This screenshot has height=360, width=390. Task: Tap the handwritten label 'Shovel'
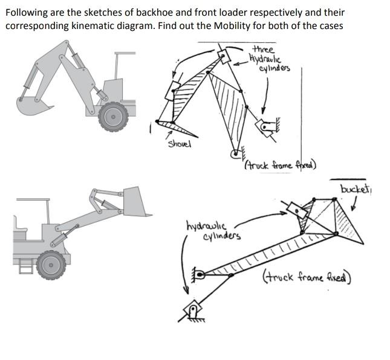point(178,143)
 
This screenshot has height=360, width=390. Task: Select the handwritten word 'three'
point(263,49)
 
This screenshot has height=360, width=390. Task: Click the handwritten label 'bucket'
point(354,190)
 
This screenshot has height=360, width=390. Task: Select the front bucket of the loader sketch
point(137,201)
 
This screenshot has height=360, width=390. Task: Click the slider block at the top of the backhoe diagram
point(225,57)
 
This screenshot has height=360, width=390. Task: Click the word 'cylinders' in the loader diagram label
point(223,235)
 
